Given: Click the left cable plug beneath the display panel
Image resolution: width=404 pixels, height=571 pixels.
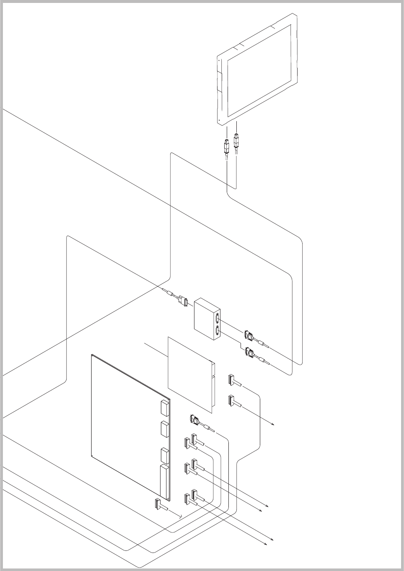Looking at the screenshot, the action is point(226,147).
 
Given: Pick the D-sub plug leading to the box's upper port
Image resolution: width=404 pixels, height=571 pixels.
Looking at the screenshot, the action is point(249,335).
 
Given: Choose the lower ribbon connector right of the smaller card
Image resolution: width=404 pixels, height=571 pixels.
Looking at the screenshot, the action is point(231,401).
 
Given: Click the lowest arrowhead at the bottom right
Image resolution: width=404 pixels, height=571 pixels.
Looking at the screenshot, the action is point(266,544).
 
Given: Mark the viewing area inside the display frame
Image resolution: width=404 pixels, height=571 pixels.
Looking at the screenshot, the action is point(259,70).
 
